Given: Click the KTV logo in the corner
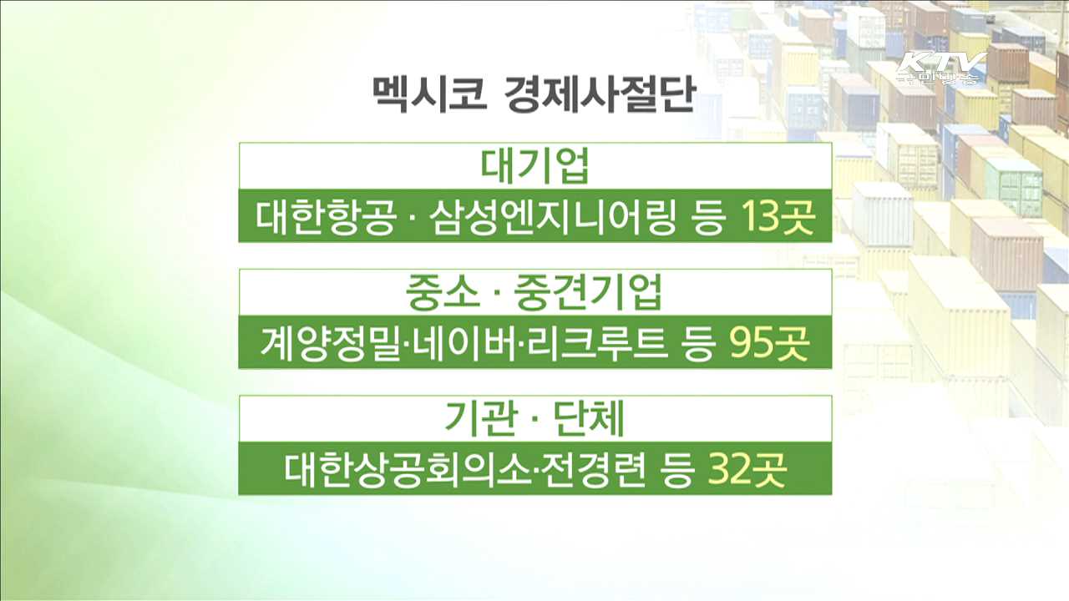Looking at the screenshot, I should click(941, 69).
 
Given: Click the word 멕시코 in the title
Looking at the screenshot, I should click(428, 94).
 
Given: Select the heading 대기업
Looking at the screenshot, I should click(535, 166).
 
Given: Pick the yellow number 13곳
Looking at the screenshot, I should click(776, 220).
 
